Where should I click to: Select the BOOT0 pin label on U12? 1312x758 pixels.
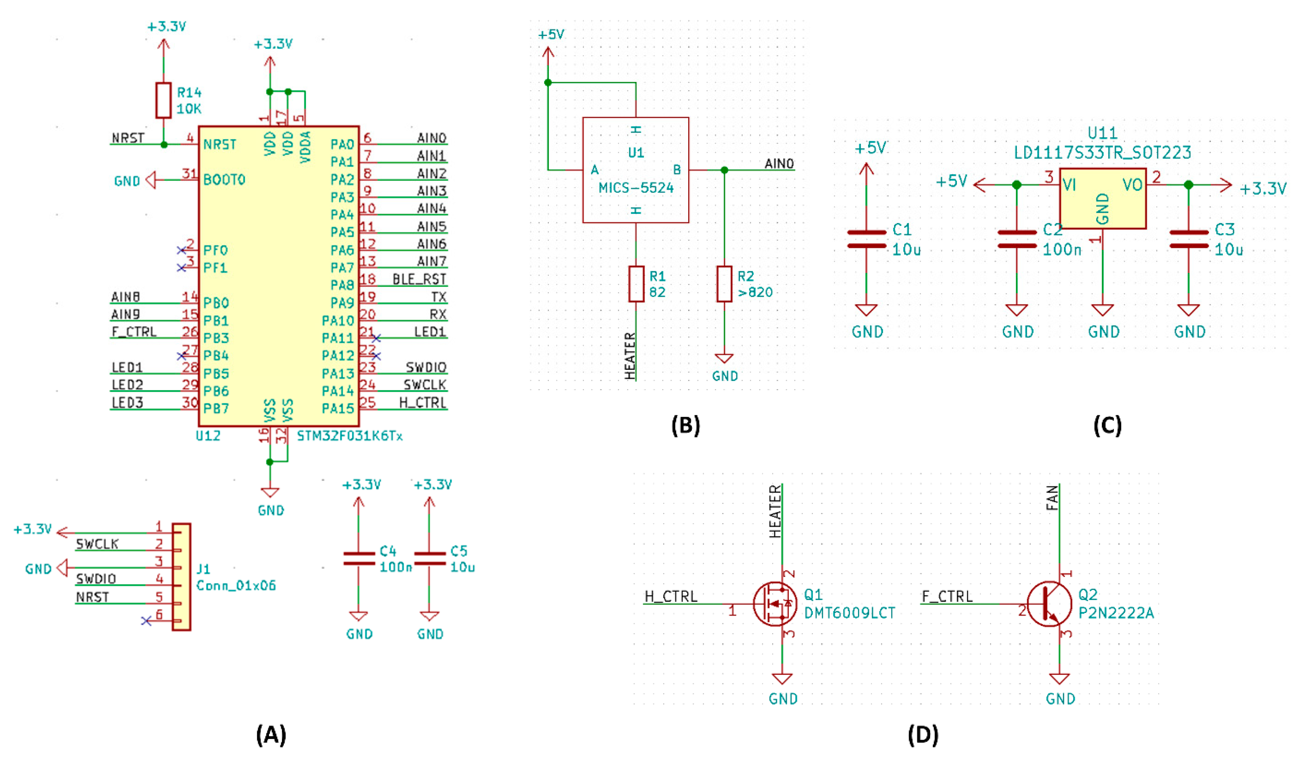(224, 180)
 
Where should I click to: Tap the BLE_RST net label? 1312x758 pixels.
(419, 279)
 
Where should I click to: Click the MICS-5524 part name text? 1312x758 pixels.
(636, 188)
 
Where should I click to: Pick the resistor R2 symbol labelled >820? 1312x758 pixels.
(724, 284)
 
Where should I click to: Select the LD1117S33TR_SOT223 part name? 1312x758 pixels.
(1102, 153)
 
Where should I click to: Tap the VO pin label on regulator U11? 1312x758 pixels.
(1132, 185)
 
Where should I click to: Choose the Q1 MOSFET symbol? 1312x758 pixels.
(775, 604)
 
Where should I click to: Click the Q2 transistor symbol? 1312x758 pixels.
(1050, 604)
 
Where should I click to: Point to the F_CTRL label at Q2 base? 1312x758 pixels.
(947, 596)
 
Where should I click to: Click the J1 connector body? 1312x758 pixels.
(182, 577)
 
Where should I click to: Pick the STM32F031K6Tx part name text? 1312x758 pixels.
(350, 436)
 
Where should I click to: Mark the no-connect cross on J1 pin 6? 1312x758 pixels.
(146, 621)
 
